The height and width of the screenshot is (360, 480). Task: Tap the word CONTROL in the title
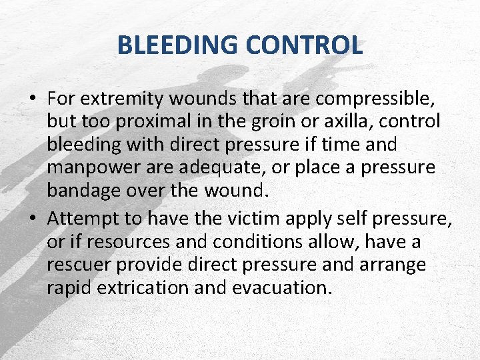pyautogui.click(x=304, y=45)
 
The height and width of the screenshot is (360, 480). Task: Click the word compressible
pyautogui.click(x=375, y=99)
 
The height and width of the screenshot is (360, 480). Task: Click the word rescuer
pyautogui.click(x=79, y=264)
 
